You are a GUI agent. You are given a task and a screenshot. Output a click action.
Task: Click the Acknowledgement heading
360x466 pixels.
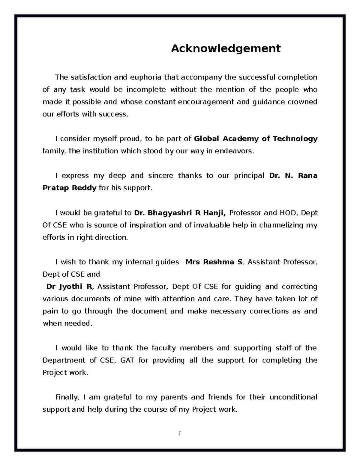(x=226, y=48)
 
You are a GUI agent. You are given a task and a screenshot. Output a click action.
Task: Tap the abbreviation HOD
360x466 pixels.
(x=288, y=213)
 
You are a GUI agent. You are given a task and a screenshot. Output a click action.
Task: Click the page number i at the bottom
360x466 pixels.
(x=179, y=434)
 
